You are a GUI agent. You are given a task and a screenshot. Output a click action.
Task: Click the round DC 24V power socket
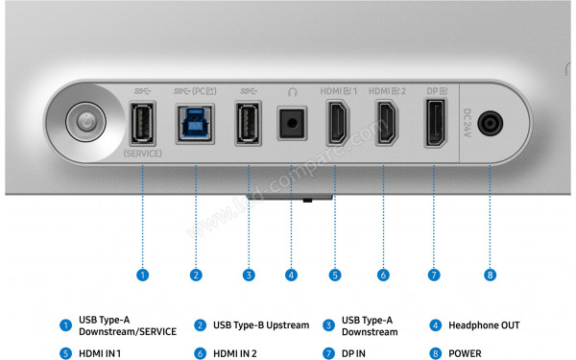pyautogui.click(x=491, y=124)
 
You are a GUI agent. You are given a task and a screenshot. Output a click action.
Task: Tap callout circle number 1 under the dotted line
pyautogui.click(x=142, y=275)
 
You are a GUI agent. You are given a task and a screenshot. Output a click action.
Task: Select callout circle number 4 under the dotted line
pyautogui.click(x=291, y=275)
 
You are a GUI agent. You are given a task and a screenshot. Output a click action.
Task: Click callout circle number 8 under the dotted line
pyautogui.click(x=491, y=275)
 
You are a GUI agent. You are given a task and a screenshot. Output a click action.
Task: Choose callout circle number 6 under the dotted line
pyautogui.click(x=383, y=275)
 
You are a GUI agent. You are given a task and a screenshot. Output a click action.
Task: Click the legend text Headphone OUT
pyautogui.click(x=484, y=325)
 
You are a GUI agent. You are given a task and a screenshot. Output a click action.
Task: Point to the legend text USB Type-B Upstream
pyautogui.click(x=261, y=325)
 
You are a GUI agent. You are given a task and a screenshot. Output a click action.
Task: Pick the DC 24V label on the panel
pyautogui.click(x=468, y=124)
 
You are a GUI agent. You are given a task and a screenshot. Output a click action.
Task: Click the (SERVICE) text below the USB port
pyautogui.click(x=142, y=154)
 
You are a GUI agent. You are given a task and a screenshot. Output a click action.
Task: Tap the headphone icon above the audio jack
pyautogui.click(x=291, y=91)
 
